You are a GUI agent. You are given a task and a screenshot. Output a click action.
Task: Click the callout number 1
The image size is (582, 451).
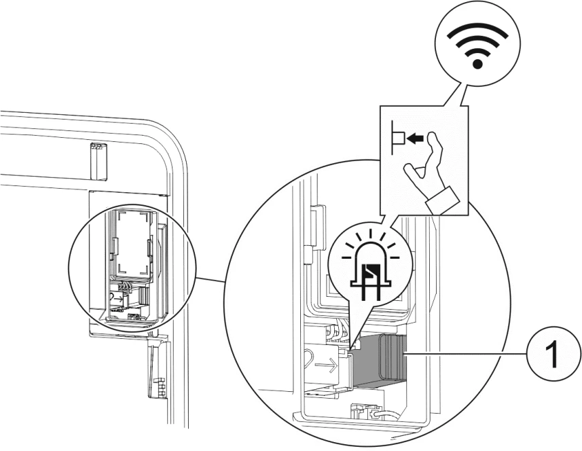(x=552, y=354)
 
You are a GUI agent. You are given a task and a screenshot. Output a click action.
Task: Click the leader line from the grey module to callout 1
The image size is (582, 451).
(x=469, y=354)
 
